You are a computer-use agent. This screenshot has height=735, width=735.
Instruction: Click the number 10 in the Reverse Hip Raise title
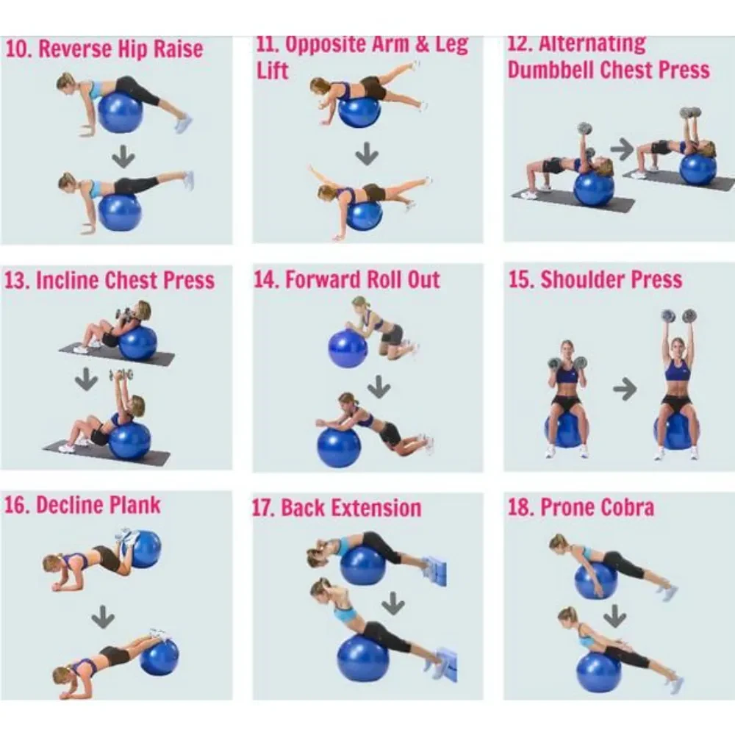coord(18,49)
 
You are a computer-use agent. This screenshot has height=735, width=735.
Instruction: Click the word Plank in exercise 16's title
coord(135,506)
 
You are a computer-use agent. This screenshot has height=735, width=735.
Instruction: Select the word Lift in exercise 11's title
coord(272,71)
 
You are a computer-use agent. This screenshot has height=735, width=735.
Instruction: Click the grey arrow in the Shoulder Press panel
coord(625,389)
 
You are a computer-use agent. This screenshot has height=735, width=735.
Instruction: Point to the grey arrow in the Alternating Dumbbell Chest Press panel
coord(622,149)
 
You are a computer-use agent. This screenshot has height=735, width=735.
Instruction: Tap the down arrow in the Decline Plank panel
coord(103,617)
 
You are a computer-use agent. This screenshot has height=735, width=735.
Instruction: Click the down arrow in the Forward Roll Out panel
coord(379,387)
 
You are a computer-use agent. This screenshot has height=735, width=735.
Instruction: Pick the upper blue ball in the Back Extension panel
coord(363,566)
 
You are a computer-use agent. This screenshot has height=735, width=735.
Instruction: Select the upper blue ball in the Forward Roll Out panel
coord(348,348)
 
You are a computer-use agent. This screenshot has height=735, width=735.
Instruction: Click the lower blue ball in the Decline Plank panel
coord(159,656)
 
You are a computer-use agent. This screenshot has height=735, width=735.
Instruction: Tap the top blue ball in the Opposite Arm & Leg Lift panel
coord(359,111)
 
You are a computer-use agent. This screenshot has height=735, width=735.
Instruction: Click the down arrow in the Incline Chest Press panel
coord(87,379)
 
